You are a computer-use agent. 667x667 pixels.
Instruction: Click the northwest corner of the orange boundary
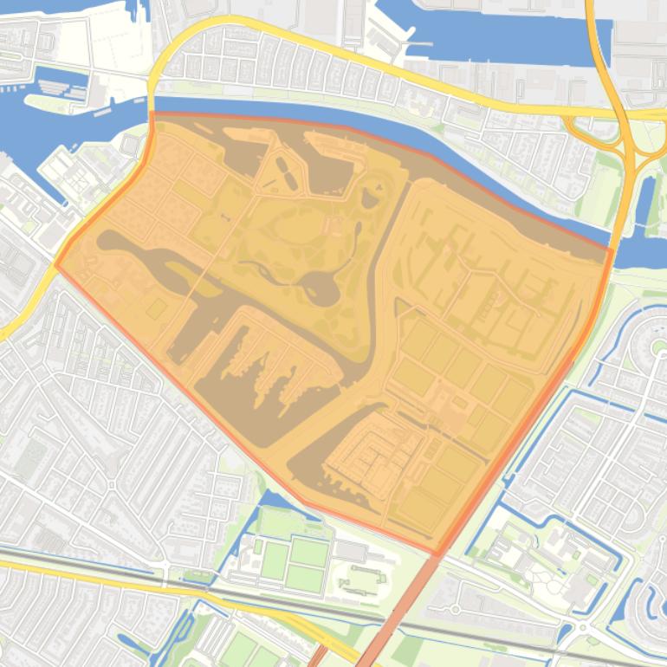(x=152, y=113)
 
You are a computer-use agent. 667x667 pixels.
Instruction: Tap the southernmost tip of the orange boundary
(x=436, y=554)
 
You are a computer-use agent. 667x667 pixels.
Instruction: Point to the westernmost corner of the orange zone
(x=56, y=265)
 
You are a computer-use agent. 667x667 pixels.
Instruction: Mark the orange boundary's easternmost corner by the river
(x=612, y=251)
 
